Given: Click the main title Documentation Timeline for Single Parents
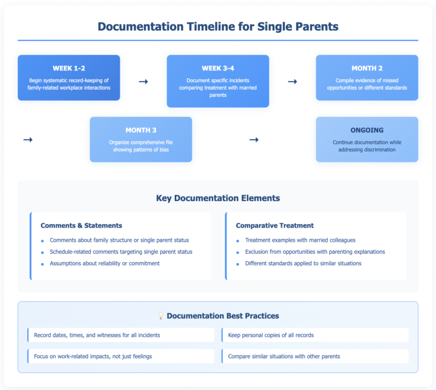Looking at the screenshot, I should tap(218, 26).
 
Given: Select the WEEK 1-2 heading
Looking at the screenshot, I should tap(69, 69).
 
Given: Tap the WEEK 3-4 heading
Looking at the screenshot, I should tap(217, 69).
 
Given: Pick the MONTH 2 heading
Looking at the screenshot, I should tap(367, 69).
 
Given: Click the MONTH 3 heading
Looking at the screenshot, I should tap(141, 130).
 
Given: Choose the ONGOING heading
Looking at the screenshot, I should tap(367, 130).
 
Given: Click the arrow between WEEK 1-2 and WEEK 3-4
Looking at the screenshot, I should tap(143, 82).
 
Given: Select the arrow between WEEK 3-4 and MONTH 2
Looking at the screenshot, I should tap(292, 82).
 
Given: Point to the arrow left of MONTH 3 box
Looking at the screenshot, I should tap(27, 139).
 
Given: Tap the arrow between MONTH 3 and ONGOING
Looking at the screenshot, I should tap(254, 139).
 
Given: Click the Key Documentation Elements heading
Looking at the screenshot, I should tap(218, 198).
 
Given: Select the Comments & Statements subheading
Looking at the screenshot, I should tap(81, 225).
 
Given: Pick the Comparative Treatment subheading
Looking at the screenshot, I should tap(275, 225).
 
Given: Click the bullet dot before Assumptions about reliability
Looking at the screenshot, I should tap(43, 263).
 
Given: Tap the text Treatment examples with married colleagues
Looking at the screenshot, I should tap(300, 240).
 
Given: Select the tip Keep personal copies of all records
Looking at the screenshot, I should tap(271, 335).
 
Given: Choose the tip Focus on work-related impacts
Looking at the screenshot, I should tap(93, 357).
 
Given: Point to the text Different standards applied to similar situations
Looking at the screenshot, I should tap(303, 263).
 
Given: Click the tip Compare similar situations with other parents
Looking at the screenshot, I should tap(284, 357).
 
